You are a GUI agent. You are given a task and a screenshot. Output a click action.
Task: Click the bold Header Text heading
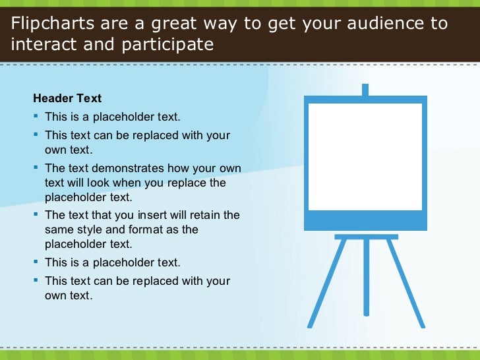point(67,99)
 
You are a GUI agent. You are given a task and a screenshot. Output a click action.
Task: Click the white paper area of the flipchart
point(365,156)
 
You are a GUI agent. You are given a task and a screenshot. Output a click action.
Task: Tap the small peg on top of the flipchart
point(365,90)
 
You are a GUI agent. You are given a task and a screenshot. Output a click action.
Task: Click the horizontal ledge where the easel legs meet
point(366,236)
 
